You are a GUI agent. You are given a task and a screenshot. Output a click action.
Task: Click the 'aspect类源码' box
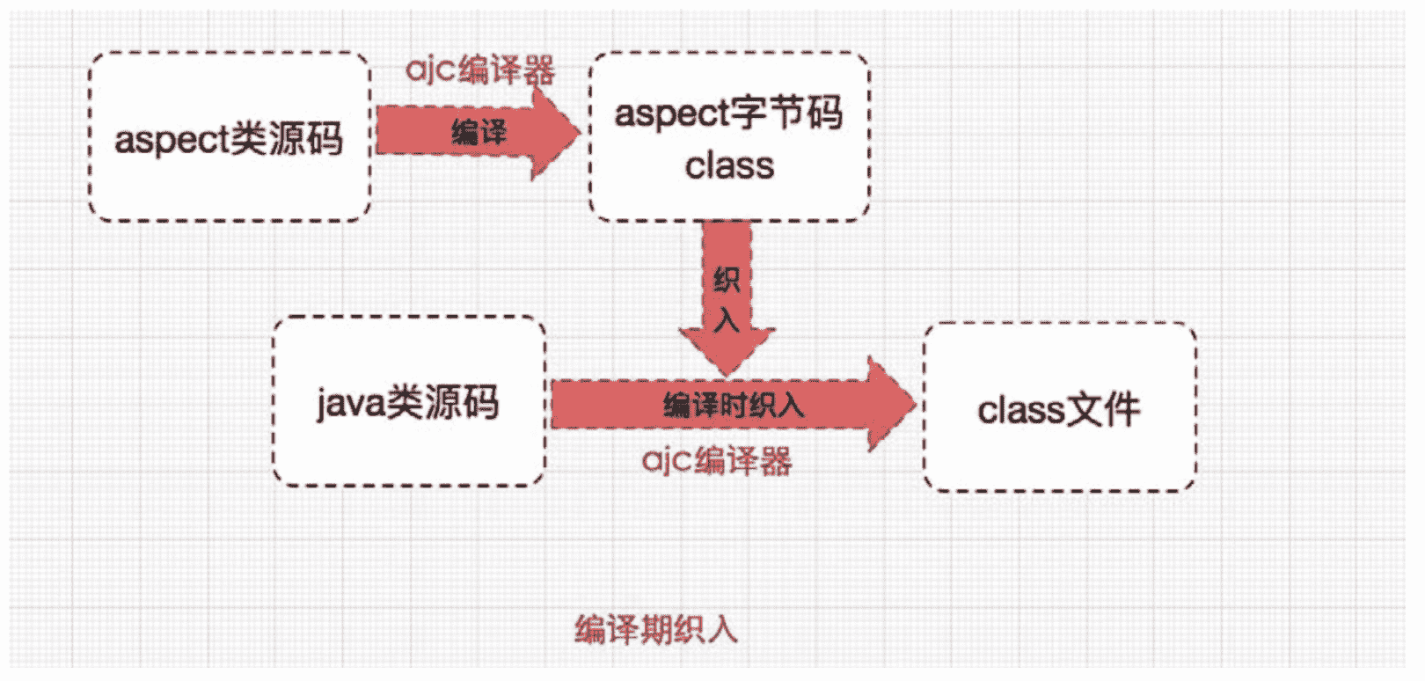[x=230, y=136]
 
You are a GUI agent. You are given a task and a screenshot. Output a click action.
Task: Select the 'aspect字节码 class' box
[x=729, y=136]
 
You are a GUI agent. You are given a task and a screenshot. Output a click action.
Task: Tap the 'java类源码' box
[x=409, y=401]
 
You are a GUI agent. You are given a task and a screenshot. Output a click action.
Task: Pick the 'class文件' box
[x=1059, y=408]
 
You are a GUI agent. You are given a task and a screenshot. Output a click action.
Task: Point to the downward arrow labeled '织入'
[x=727, y=299]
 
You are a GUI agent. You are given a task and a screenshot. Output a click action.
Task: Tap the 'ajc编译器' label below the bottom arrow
[x=717, y=460]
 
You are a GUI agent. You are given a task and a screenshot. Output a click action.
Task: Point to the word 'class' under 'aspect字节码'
[x=729, y=165]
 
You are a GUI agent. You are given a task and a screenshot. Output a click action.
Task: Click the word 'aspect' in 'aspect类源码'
[x=171, y=139]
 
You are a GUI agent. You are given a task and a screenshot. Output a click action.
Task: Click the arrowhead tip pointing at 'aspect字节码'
[x=578, y=133]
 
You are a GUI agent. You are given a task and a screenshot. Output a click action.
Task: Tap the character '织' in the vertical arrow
[x=727, y=280]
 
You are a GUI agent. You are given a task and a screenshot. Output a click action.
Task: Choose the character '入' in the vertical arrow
[x=727, y=319]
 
